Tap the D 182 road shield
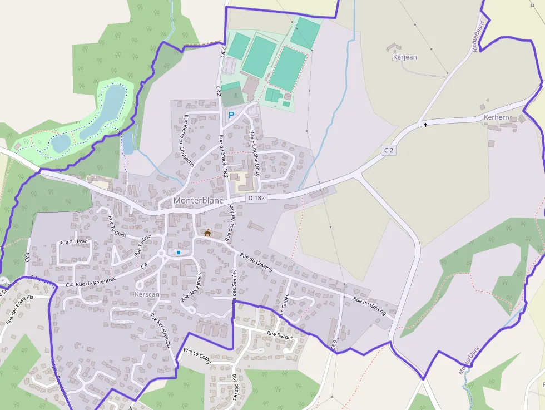point(257,197)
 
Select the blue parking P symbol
point(231,115)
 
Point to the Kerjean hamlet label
point(405,57)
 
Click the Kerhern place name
point(497,117)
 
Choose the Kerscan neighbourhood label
point(147,293)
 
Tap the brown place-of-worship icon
point(207,233)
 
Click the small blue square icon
point(179,253)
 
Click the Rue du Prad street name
point(74,241)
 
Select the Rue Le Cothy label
point(197,356)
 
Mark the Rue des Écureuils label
point(19,309)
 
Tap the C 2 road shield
point(388,150)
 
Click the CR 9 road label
point(335,345)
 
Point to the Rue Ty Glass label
point(118,227)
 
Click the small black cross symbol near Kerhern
point(426,125)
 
